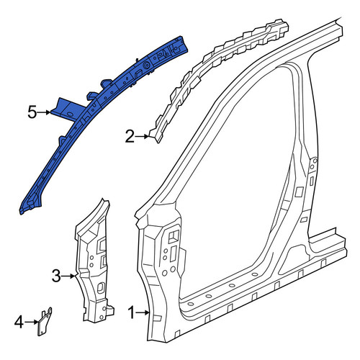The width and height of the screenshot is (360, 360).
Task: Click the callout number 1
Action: (131, 312)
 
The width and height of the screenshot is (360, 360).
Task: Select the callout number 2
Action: (130, 137)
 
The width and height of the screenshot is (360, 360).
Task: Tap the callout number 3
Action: (56, 276)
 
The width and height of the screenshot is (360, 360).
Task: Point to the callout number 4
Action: (19, 322)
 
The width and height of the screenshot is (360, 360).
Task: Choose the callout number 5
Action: (32, 112)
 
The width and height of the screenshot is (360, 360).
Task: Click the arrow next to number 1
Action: (143, 312)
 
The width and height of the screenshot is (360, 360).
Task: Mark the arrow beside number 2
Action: (142, 137)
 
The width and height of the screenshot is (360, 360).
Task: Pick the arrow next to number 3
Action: (68, 276)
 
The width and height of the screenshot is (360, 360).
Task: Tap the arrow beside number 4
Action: (31, 322)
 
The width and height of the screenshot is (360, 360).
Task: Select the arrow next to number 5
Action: (44, 112)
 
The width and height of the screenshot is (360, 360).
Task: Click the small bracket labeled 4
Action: (45, 321)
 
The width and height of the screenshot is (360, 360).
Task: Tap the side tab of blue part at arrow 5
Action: (65, 108)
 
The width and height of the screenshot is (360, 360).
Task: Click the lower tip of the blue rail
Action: (21, 212)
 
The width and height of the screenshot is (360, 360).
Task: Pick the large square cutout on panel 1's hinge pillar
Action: (174, 236)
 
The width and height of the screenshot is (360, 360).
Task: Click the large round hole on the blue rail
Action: (145, 65)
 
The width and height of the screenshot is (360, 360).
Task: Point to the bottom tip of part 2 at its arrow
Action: (158, 142)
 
